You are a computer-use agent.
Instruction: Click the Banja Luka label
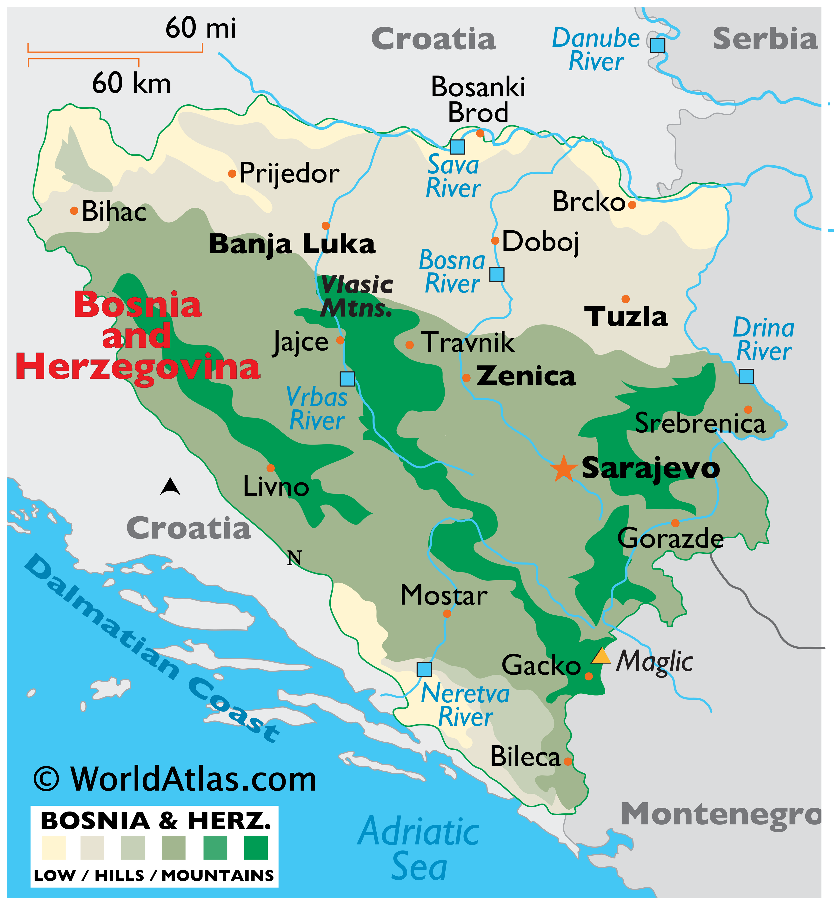click(292, 245)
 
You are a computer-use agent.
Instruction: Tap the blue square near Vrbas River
click(347, 379)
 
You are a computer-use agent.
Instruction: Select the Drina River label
click(763, 339)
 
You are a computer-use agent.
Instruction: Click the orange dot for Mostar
click(447, 613)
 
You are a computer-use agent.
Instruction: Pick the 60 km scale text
click(131, 83)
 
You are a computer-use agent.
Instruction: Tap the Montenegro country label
click(721, 815)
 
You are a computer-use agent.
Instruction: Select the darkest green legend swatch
click(255, 848)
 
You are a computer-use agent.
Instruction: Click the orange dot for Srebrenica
click(748, 410)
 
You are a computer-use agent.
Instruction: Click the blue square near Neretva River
click(424, 669)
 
